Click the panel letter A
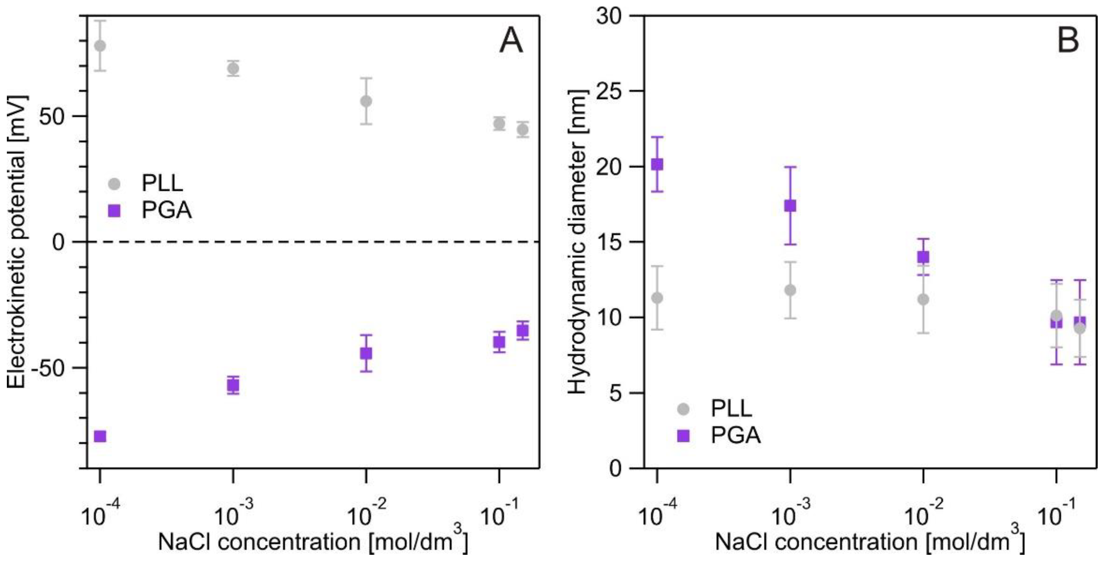click(511, 42)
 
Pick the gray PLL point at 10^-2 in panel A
click(366, 101)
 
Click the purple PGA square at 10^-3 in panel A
click(233, 385)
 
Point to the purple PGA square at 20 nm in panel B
click(657, 164)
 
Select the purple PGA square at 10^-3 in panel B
click(790, 205)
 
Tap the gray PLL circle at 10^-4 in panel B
click(657, 298)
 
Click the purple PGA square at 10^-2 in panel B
click(923, 257)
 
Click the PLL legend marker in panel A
click(115, 184)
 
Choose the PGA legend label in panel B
click(736, 436)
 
